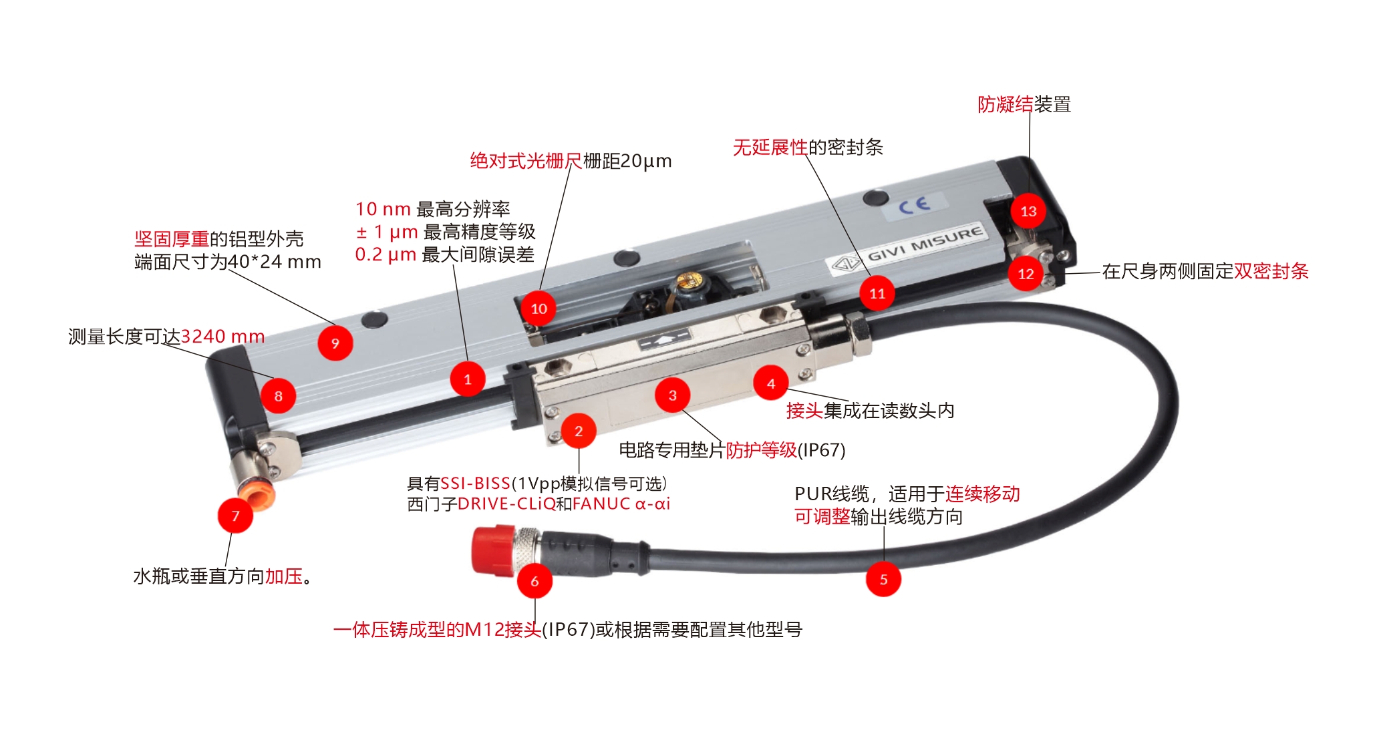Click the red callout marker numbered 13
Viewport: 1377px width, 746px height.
1028,211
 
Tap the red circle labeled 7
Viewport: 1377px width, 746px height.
235,516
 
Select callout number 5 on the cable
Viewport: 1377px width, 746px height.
883,579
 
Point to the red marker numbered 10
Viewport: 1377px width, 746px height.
539,309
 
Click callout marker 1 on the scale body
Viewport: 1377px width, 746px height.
468,379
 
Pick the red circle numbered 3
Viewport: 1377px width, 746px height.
673,395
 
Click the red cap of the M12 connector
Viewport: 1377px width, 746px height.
493,550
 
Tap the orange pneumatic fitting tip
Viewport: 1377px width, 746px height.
256,496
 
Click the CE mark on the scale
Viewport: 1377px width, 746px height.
913,204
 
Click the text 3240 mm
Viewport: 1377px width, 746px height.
223,336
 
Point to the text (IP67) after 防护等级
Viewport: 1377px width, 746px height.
822,450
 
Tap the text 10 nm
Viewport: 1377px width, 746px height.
383,209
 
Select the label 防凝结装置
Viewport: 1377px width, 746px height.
1024,104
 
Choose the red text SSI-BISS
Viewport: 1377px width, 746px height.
476,483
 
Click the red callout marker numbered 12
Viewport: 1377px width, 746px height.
1026,273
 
